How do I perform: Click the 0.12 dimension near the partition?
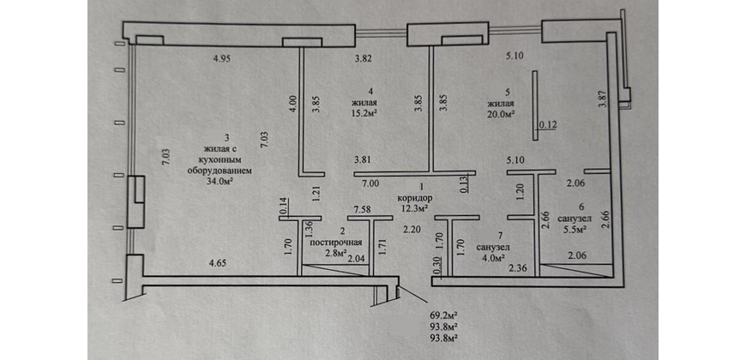[x=547, y=126]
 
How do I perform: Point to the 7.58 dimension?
[x=363, y=209]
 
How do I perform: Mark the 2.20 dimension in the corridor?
[x=412, y=230]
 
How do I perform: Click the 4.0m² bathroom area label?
[x=491, y=255]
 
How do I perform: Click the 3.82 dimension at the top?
[x=368, y=59]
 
